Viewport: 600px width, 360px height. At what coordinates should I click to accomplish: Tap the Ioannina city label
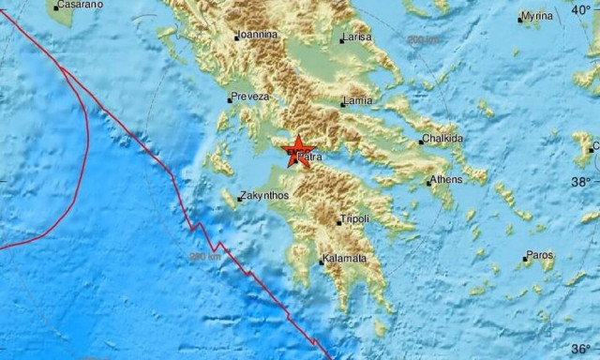[x=258, y=35]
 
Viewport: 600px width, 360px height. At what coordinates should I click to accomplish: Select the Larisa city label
[x=357, y=37]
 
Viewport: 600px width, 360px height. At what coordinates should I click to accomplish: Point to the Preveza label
[x=250, y=97]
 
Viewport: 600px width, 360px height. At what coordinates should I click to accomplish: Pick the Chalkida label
[x=443, y=139]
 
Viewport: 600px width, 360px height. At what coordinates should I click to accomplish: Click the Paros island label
[x=540, y=254]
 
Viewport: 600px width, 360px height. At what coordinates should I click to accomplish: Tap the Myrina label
[x=537, y=17]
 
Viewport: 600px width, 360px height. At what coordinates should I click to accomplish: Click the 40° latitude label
[x=583, y=9]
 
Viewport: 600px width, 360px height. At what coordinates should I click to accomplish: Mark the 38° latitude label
[x=583, y=181]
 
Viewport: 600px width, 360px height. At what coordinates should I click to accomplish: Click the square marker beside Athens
[x=428, y=183]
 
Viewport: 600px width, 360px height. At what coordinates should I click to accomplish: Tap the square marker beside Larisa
[x=341, y=40]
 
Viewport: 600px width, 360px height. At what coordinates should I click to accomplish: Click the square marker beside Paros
[x=523, y=257]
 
